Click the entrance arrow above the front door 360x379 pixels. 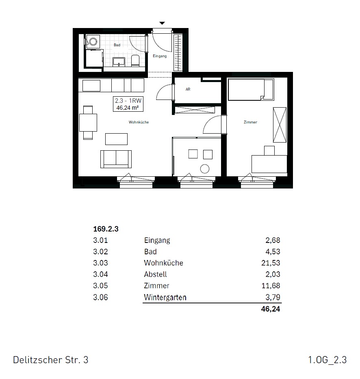pos(162,23)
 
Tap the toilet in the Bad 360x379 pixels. pos(135,61)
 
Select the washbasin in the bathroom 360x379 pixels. pos(119,62)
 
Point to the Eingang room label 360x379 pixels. pos(160,56)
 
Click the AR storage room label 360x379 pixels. pos(188,89)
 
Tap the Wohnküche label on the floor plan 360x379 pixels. pos(139,122)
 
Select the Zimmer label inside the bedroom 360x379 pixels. pos(250,122)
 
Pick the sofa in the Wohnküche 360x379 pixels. pos(116,159)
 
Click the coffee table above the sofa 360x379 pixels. pos(116,139)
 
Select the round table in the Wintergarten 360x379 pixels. pos(205,169)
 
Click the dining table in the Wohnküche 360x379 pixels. pos(88,122)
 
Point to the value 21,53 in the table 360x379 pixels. pos(271,263)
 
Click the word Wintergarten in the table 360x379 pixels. pos(165,297)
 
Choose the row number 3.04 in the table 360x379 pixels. pos(101,275)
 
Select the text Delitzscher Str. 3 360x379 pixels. pos(51,360)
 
